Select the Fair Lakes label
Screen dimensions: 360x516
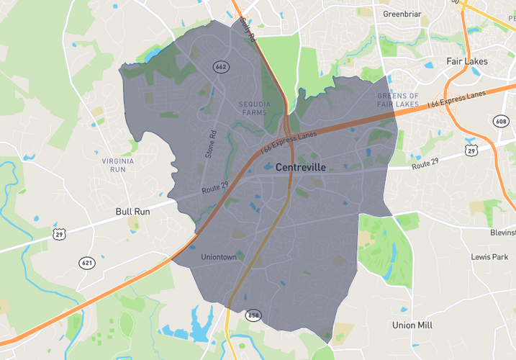[467, 61]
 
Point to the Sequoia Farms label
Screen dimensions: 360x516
[253, 108]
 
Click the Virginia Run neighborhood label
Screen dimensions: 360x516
[118, 165]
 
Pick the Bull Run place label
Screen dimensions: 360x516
[132, 212]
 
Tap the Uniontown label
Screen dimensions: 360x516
[219, 257]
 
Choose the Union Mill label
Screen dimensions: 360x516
[412, 325]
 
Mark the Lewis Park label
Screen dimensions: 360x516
[489, 257]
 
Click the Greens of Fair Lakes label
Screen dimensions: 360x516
[398, 100]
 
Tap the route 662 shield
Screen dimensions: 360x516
[221, 67]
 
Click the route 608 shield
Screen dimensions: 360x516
[501, 121]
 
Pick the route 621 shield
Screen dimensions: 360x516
[87, 263]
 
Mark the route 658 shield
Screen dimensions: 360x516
[253, 315]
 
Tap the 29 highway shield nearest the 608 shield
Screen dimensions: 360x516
[471, 150]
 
